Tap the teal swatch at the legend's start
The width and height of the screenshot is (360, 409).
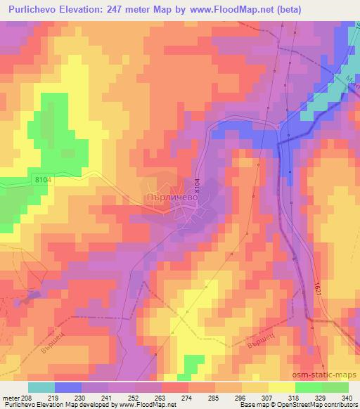[41, 387]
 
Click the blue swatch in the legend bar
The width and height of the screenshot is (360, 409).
[67, 387]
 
